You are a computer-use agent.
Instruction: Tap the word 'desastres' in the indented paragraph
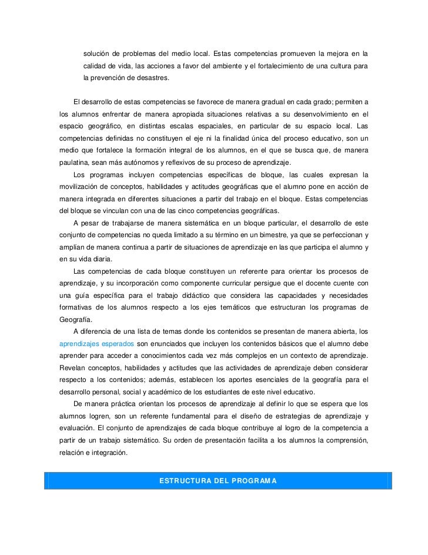point(149,77)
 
